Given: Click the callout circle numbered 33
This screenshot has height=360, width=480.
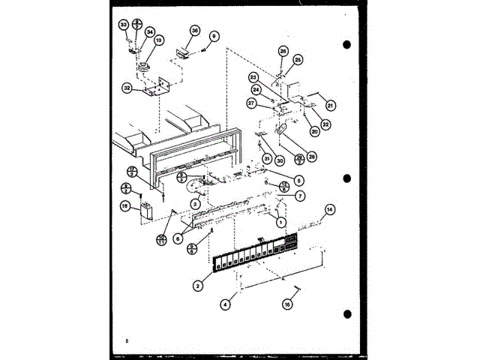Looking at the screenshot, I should pos(124,25).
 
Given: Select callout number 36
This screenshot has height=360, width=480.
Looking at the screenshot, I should pos(195,31).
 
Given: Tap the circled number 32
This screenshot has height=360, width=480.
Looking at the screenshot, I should pos(127,87).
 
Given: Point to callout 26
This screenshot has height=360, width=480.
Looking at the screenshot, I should pos(283,51).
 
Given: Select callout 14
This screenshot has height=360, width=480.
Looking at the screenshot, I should pos(330,209).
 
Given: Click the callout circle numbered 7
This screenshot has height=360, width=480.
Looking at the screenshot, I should pos(299,196).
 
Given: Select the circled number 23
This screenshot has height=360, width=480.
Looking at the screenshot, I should pos(253,78).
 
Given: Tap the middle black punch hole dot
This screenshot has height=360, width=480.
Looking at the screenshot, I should pos(346,178).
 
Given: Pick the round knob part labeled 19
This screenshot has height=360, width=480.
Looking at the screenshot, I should pos(142,71).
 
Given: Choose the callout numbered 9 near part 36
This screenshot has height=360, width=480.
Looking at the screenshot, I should pos(214,35).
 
